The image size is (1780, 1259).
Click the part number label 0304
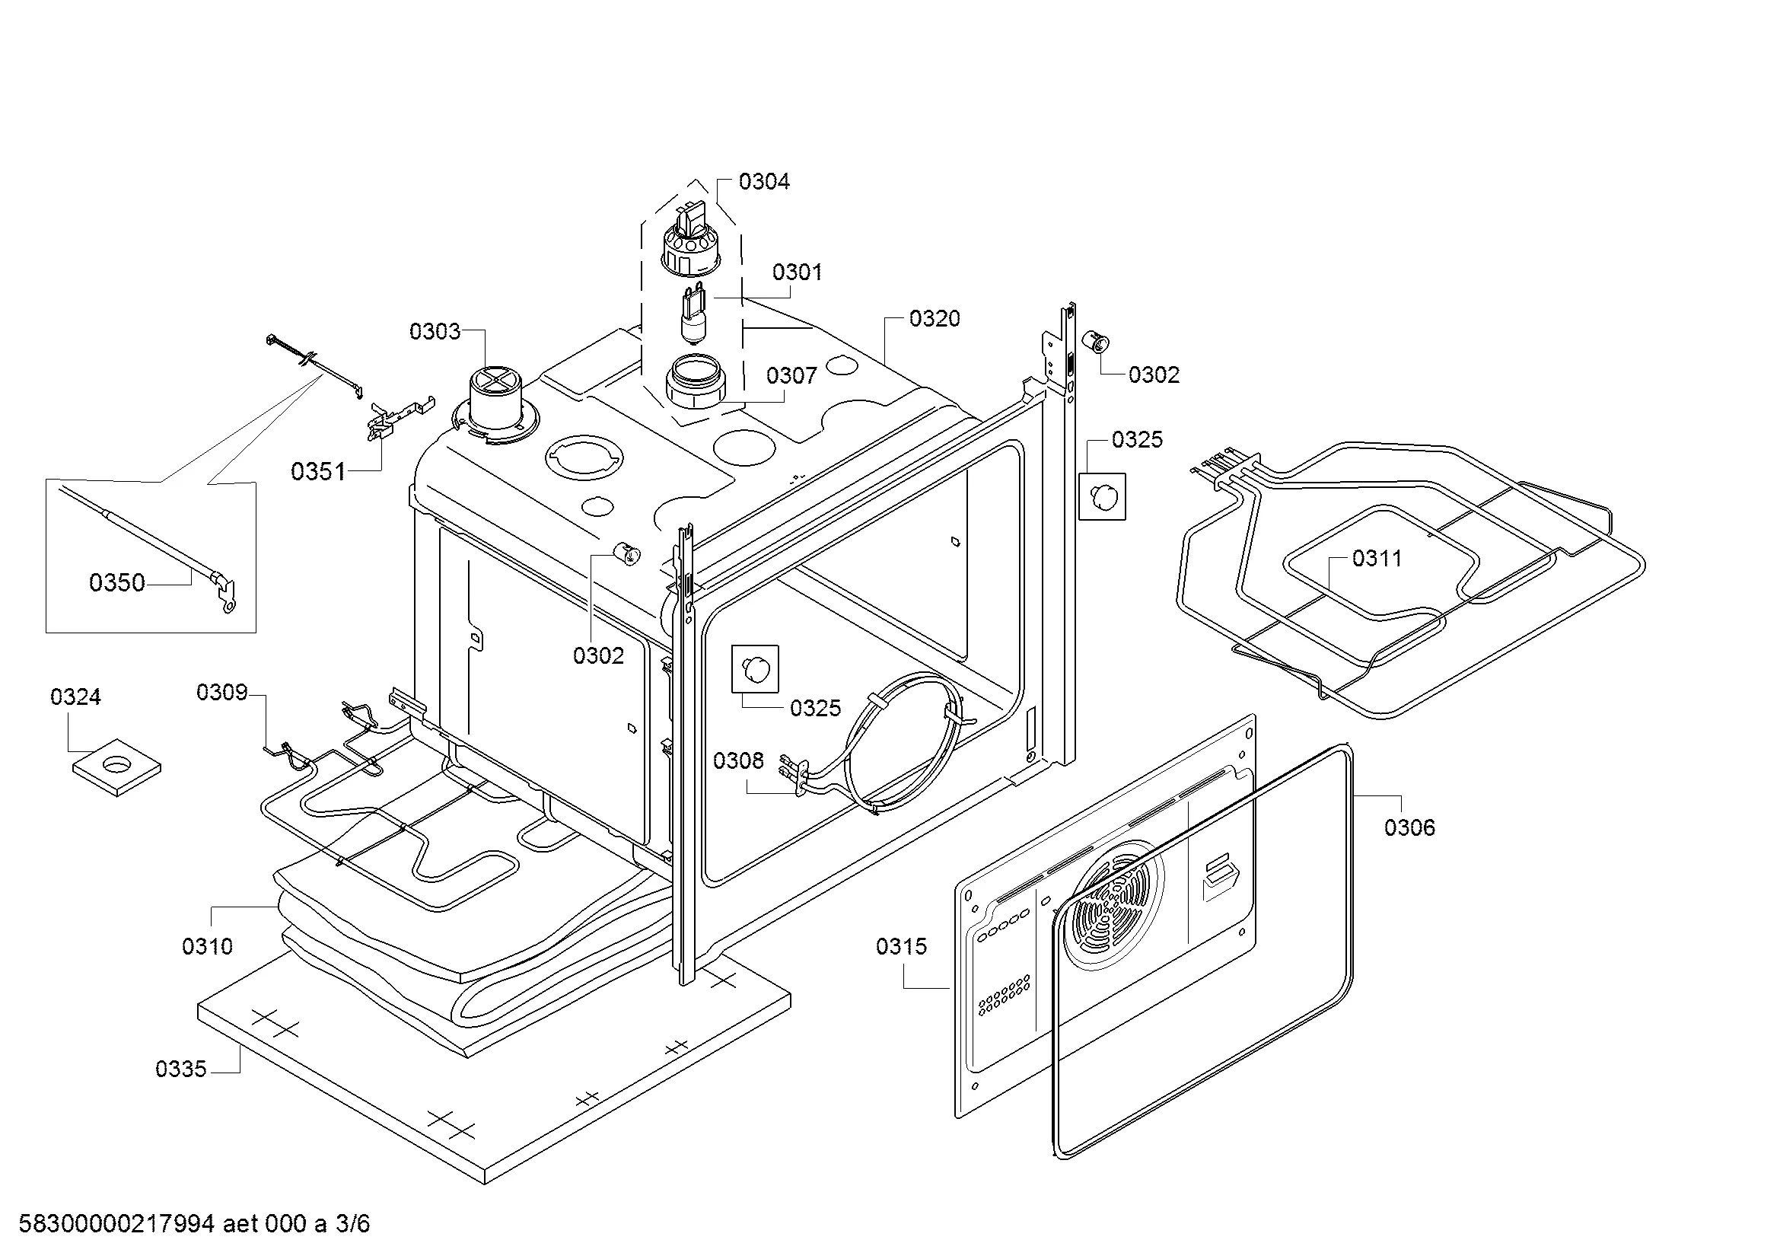[763, 181]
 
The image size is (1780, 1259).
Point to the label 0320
[935, 319]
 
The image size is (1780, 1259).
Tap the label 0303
[435, 332]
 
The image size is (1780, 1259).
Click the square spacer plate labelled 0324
[117, 767]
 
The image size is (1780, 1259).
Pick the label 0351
[318, 471]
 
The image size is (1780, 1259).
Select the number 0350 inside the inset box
[117, 582]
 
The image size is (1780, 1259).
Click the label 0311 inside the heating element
[1377, 558]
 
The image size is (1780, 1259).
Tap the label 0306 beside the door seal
[1409, 828]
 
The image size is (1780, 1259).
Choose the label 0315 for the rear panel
[902, 946]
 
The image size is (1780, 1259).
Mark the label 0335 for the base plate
[181, 1069]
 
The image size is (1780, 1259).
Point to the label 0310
[207, 946]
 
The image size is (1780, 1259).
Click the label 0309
[221, 692]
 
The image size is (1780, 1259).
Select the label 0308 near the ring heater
[738, 760]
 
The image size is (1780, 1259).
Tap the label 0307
[791, 376]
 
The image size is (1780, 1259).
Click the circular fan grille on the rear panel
[1114, 905]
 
